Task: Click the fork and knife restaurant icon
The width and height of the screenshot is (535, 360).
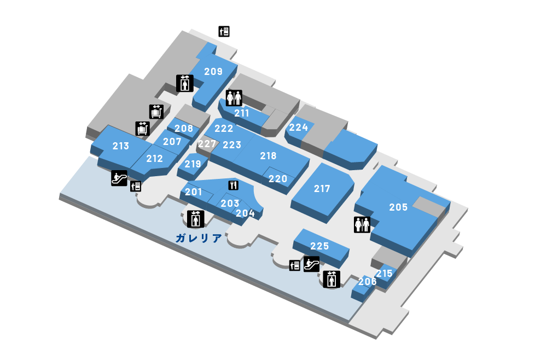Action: (234, 185)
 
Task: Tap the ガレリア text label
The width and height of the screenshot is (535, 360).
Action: (199, 238)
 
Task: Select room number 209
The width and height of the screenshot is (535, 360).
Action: (213, 71)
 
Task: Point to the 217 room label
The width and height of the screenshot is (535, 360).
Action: (322, 189)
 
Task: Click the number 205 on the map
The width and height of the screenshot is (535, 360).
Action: (398, 207)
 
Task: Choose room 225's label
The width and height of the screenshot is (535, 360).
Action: (319, 246)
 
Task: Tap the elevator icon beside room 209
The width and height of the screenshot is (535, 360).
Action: (185, 83)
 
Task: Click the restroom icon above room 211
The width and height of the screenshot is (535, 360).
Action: (234, 98)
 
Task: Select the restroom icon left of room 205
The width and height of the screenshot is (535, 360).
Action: (362, 225)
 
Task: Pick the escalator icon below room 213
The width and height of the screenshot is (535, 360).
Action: (119, 178)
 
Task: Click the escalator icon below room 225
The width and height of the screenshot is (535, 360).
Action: (311, 264)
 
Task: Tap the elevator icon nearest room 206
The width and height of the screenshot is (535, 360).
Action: (332, 279)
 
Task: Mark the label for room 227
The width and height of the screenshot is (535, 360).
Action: (207, 144)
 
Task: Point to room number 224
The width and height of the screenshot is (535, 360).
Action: (299, 127)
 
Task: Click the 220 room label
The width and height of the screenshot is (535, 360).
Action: (278, 179)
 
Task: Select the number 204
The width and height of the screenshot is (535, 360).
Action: (245, 213)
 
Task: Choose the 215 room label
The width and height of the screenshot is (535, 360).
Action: (384, 274)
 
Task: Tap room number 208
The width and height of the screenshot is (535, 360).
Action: (184, 129)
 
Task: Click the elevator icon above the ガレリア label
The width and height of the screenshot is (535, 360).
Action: (196, 219)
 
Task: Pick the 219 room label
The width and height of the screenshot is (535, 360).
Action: (193, 164)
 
